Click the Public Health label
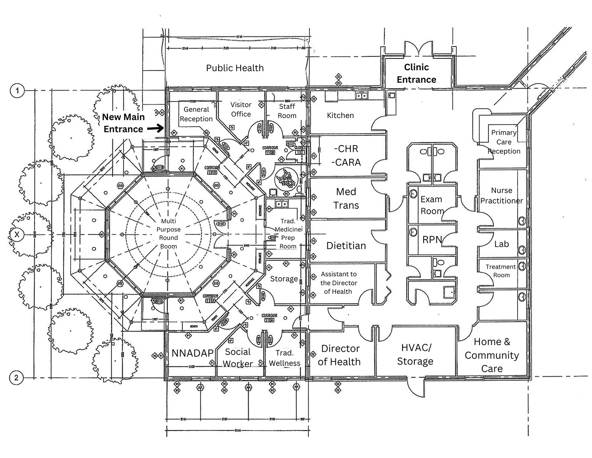pos(235,68)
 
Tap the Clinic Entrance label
pos(416,73)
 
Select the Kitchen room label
pos(340,115)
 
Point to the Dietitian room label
pos(346,246)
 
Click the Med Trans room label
pos(346,199)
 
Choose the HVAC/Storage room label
pos(415,354)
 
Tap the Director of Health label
pos(340,355)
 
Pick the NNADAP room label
pos(192,353)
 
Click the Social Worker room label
pos(238,358)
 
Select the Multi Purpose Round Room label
pos(168,234)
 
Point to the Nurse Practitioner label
pos(502,196)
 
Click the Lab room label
pos(502,244)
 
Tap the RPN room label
pos(432,240)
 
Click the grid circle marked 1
pos(17,91)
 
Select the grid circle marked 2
pos(16,377)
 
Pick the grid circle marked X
pos(17,234)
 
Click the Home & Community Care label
pos(492,355)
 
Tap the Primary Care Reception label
pos(504,142)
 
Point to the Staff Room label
pos(287,111)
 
